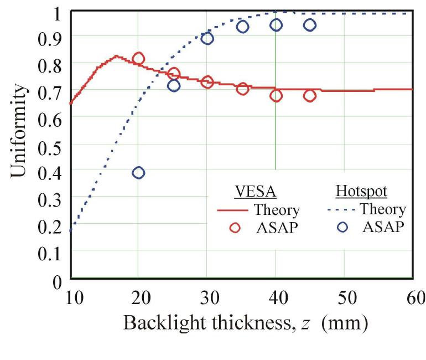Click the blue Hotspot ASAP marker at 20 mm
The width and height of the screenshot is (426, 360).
click(x=138, y=173)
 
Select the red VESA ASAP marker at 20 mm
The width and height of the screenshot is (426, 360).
click(x=138, y=58)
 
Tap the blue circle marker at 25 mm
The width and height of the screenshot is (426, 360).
click(x=174, y=85)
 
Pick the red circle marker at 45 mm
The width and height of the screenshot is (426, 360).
click(x=310, y=96)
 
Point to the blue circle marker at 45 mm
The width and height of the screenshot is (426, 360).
click(x=310, y=25)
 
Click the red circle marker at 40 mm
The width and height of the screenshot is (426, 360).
click(x=276, y=96)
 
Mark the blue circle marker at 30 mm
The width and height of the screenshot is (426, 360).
click(x=207, y=38)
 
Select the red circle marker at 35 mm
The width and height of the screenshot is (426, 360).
click(x=242, y=89)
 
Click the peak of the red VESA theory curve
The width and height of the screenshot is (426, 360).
click(x=116, y=56)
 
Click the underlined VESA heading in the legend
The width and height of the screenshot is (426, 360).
click(x=256, y=191)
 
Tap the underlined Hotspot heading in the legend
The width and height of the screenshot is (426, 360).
click(x=361, y=191)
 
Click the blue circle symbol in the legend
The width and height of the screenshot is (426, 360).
click(x=342, y=227)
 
